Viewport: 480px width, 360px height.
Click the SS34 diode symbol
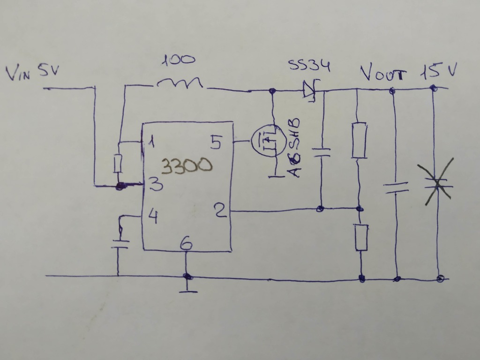309,89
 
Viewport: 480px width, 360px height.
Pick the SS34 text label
309,66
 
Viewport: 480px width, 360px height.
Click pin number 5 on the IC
215,142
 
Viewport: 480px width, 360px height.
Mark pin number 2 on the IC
220,210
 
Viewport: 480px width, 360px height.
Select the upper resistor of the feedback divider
359,140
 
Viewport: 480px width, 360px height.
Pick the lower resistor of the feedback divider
361,237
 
